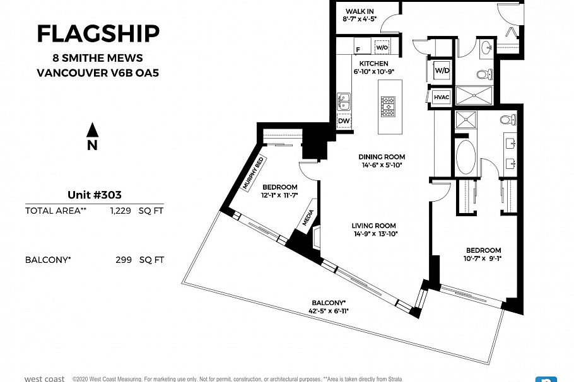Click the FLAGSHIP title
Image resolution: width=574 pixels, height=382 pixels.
tap(98, 33)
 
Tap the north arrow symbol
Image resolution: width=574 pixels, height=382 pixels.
tap(93, 130)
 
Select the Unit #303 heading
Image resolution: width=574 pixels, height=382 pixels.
tap(94, 195)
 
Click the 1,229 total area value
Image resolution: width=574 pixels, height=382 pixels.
tap(120, 211)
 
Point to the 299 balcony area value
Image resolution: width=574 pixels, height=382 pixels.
tap(124, 260)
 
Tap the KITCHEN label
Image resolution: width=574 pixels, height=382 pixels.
tap(373, 64)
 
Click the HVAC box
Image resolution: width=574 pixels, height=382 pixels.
tap(442, 97)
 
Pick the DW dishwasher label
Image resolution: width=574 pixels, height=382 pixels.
tap(344, 120)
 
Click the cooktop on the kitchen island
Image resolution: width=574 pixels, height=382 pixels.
tap(387, 107)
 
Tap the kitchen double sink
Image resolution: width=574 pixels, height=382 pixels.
tap(344, 101)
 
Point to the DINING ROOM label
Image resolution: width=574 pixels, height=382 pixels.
tap(381, 157)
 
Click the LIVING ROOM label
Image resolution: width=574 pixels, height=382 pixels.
tap(375, 225)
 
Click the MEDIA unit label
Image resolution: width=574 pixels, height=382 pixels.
tap(308, 218)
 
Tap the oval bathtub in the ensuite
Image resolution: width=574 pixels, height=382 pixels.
tap(466, 156)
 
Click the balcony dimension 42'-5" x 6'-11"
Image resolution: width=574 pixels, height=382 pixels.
tap(329, 311)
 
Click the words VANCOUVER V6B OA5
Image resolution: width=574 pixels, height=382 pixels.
tap(98, 72)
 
